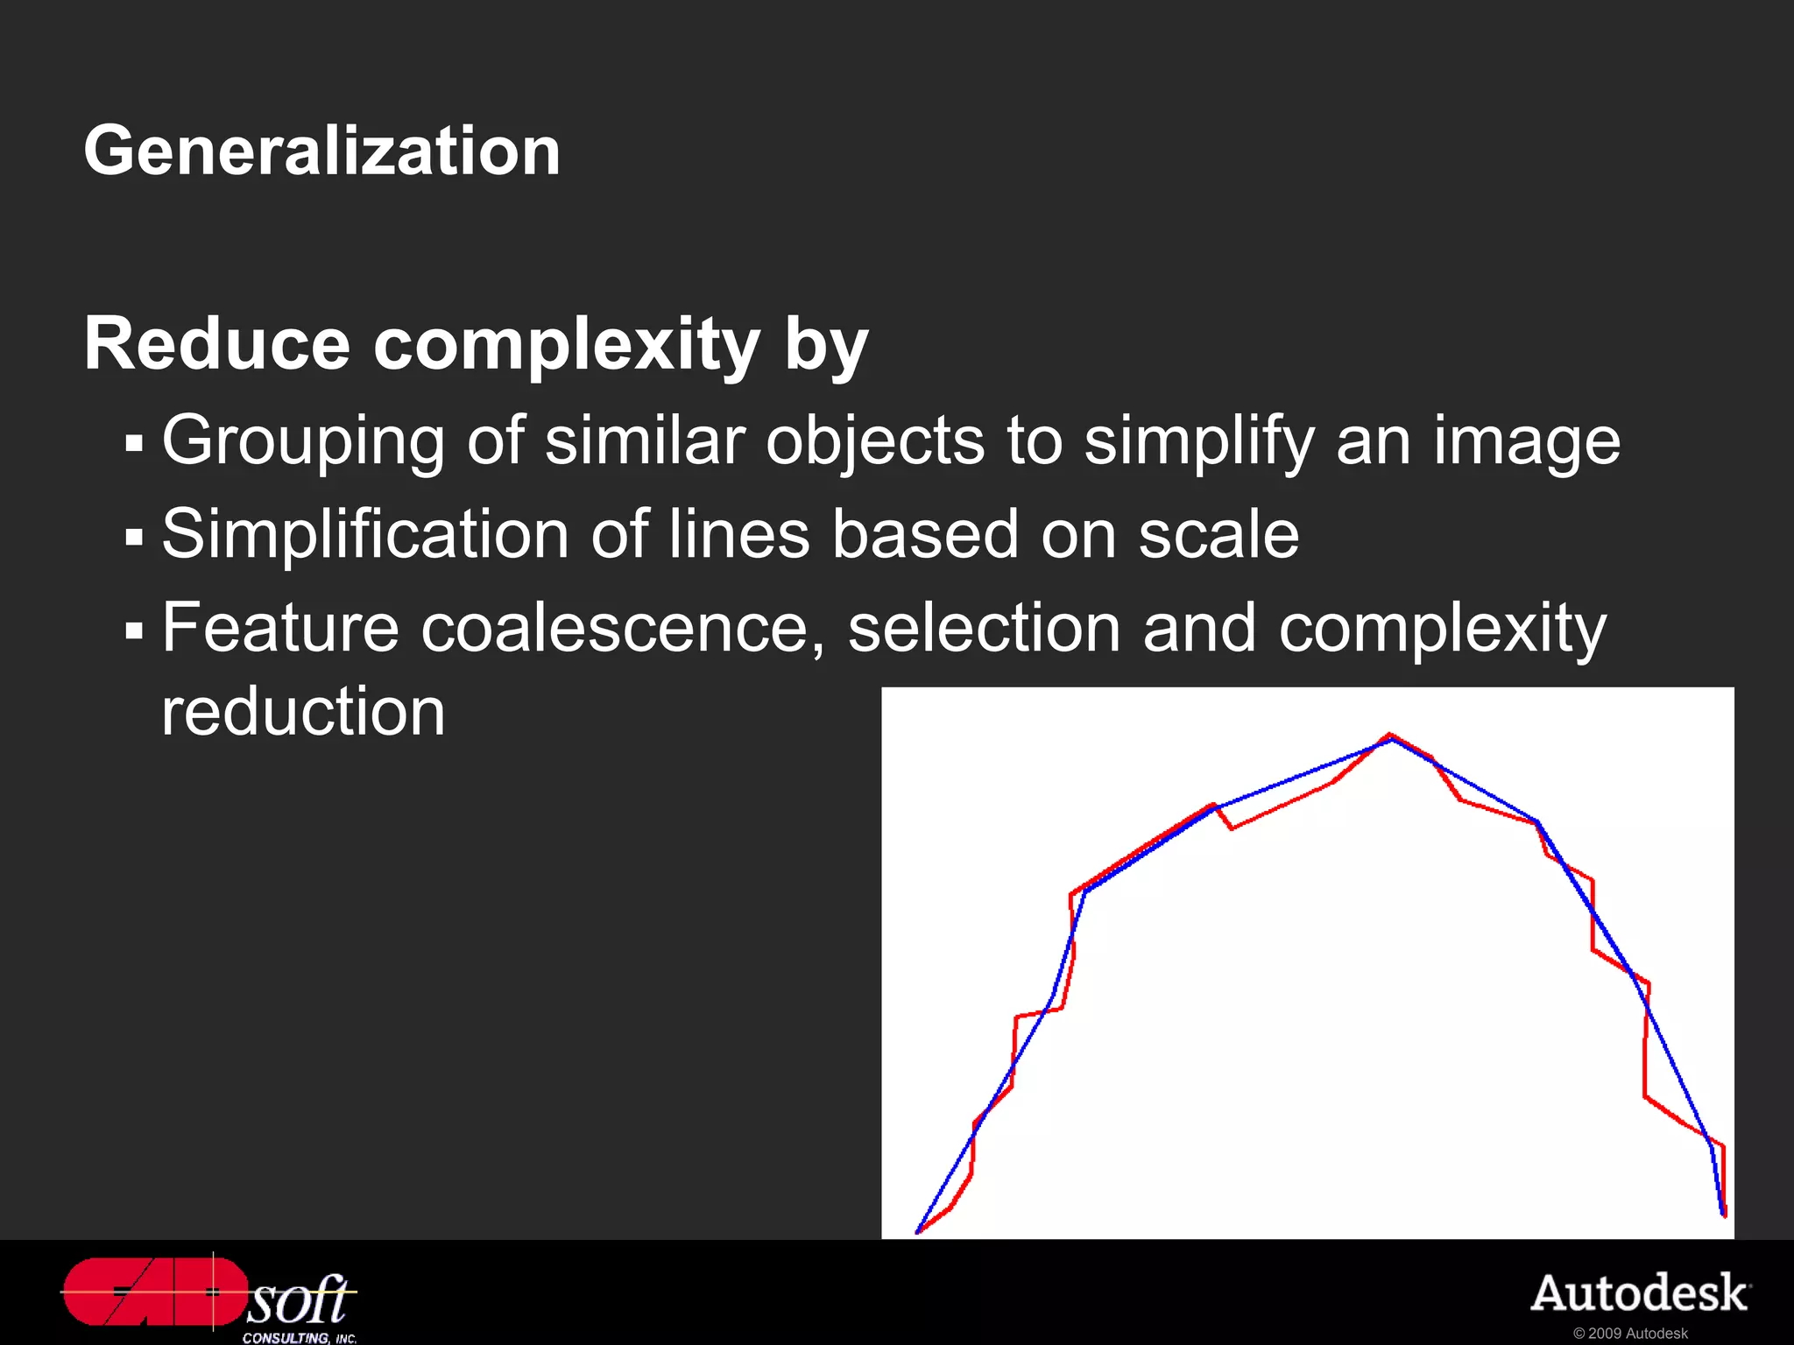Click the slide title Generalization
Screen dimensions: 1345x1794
(321, 151)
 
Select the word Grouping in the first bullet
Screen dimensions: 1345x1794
(303, 440)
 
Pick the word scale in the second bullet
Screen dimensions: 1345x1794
(1218, 534)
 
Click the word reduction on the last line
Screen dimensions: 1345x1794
(303, 711)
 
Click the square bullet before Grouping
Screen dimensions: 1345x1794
(134, 443)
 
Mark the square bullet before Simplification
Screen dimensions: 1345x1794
(134, 537)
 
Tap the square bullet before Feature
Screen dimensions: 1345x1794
(134, 630)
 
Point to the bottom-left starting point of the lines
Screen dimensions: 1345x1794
(917, 1232)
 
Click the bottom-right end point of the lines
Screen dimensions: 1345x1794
(1724, 1215)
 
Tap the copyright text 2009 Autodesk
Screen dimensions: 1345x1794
(1630, 1334)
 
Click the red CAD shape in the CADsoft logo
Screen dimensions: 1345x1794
(153, 1292)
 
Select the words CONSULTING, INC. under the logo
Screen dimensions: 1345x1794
(300, 1338)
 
